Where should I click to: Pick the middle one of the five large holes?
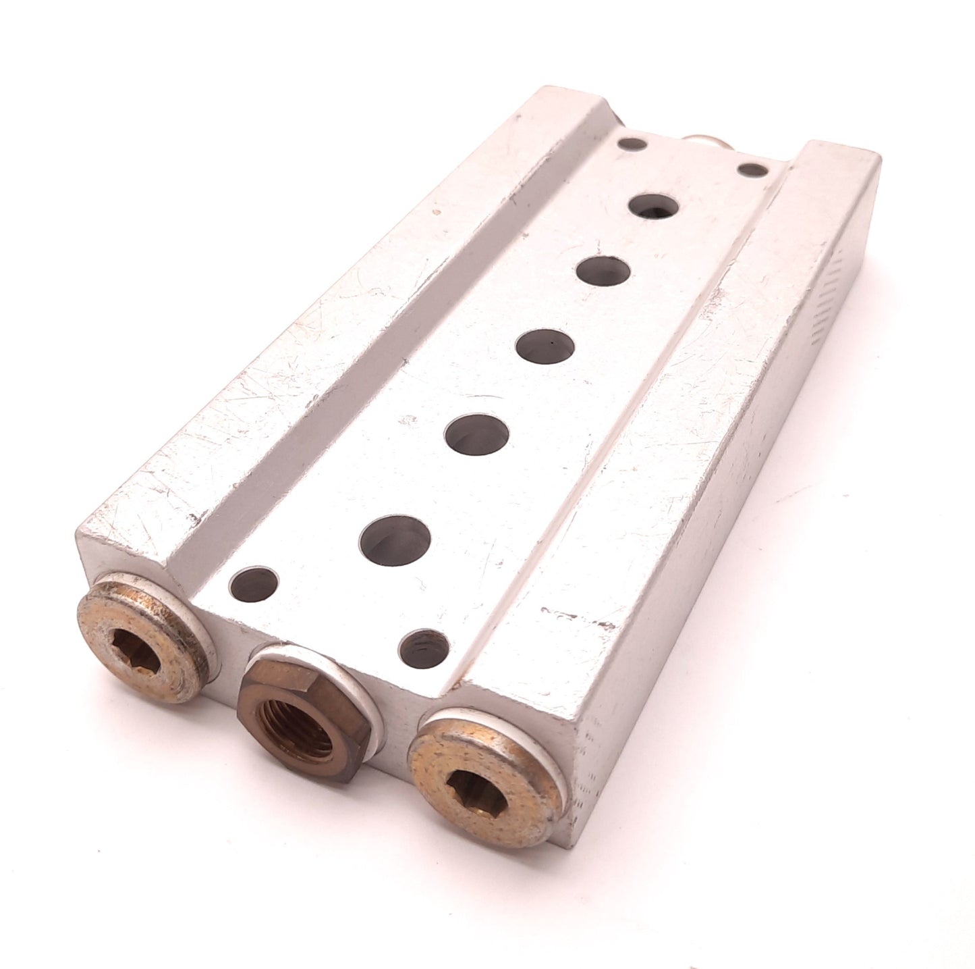tap(545, 344)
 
